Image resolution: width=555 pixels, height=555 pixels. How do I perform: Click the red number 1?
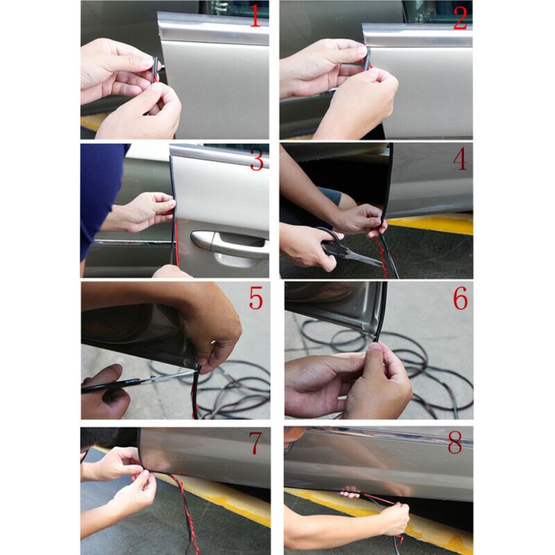tap(255, 17)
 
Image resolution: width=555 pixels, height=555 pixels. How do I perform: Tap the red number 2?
tap(460, 17)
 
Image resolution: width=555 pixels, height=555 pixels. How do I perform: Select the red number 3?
tap(257, 160)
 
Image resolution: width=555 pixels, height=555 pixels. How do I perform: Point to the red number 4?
tap(460, 160)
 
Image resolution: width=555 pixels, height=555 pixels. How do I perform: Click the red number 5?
tap(256, 299)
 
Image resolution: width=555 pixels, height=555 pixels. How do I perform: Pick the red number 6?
tap(460, 299)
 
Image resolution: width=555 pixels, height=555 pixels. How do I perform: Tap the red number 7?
tap(257, 443)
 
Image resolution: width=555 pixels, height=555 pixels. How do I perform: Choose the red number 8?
tap(454, 443)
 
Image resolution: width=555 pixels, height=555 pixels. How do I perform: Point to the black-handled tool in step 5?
tap(111, 384)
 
